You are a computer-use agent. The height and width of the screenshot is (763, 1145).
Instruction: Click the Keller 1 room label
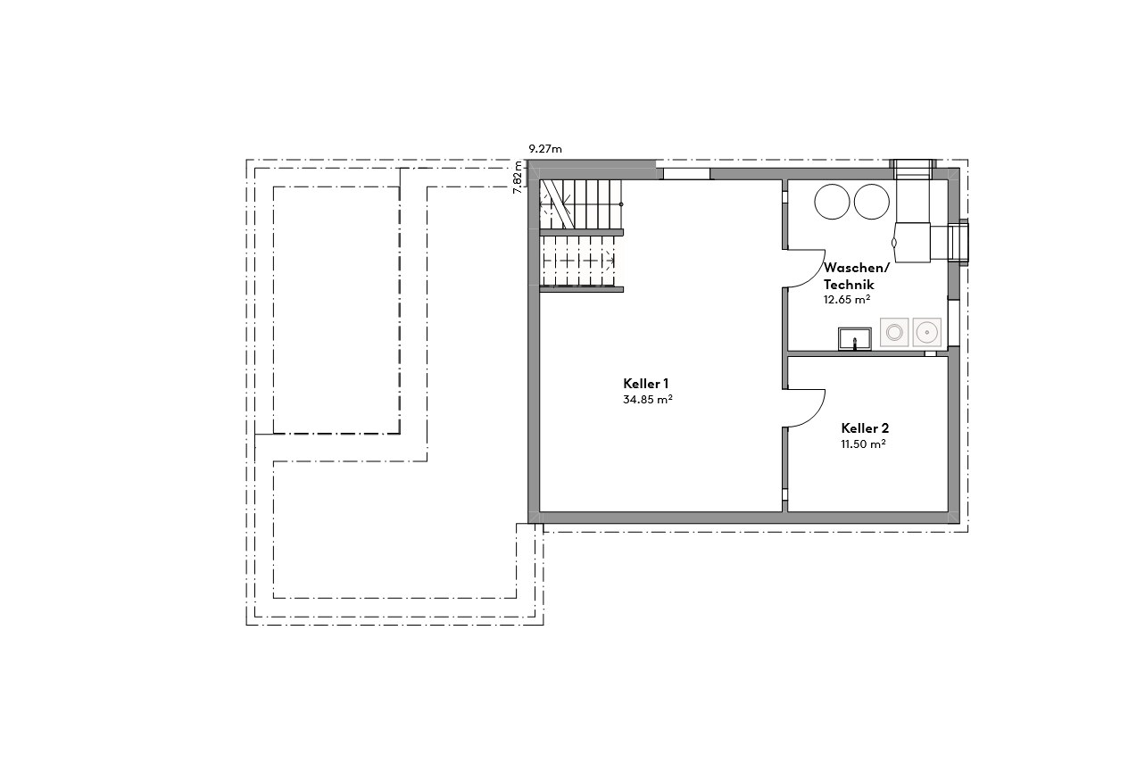tap(646, 383)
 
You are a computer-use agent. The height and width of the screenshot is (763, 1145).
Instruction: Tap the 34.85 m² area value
tap(647, 400)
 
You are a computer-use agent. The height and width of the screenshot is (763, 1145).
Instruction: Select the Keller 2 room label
tap(864, 428)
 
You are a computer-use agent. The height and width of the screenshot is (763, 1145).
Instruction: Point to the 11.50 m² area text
tap(863, 444)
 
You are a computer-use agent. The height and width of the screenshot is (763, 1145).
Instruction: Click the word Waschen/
tap(856, 268)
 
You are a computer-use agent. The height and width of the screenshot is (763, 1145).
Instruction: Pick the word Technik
tap(849, 284)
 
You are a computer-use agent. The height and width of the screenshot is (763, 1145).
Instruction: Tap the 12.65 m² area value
tap(847, 300)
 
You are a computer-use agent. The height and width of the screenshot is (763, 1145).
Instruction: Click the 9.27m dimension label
tap(545, 149)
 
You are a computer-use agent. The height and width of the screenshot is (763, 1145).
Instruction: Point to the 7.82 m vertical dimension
tap(518, 176)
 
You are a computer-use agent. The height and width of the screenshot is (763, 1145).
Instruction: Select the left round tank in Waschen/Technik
tap(833, 202)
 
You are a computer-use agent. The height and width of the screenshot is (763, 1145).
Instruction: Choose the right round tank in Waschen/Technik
tap(873, 202)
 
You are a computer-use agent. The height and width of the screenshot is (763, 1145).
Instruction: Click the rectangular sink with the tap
tap(854, 338)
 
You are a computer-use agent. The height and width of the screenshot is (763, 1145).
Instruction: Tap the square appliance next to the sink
tap(894, 333)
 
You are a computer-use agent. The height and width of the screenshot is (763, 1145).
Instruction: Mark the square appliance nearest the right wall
tap(927, 333)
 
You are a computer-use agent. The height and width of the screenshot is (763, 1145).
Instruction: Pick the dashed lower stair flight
tap(580, 261)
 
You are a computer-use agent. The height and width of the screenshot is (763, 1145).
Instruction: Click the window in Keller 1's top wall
tap(686, 174)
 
